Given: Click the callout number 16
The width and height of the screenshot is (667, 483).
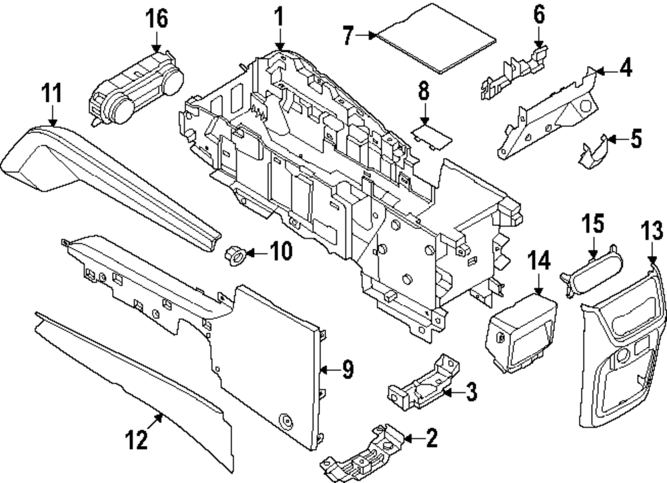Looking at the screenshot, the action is pyautogui.click(x=157, y=19).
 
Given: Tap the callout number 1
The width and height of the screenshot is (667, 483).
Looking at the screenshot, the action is pyautogui.click(x=279, y=17).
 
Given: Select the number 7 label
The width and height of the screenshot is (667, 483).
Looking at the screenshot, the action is pyautogui.click(x=348, y=35).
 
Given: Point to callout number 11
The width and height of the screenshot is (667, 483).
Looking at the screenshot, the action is pyautogui.click(x=52, y=93).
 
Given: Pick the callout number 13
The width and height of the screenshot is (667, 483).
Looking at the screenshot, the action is pyautogui.click(x=652, y=230).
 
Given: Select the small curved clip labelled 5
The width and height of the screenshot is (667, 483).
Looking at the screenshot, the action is pyautogui.click(x=592, y=152).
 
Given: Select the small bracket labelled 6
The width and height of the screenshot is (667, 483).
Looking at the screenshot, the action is pyautogui.click(x=514, y=72).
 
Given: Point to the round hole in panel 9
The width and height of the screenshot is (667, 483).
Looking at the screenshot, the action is pyautogui.click(x=286, y=421).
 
